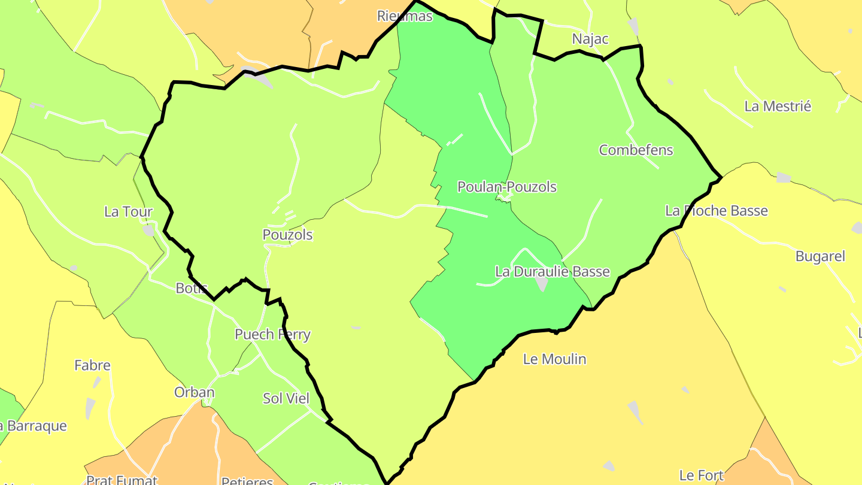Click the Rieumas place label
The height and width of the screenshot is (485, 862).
(x=405, y=16)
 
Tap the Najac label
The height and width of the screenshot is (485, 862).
(x=590, y=40)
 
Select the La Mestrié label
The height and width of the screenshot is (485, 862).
(x=778, y=107)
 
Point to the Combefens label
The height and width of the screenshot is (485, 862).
(x=636, y=150)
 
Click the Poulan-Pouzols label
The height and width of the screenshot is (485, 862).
(x=506, y=187)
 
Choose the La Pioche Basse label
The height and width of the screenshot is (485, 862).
(x=716, y=211)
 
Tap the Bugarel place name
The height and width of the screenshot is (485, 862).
(x=820, y=257)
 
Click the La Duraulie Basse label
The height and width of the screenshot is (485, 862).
(x=552, y=272)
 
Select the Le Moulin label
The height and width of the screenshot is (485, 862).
(x=554, y=359)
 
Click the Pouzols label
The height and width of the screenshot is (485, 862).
(x=287, y=235)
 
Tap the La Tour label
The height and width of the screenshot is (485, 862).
(x=128, y=212)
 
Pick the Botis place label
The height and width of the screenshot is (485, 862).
(x=192, y=289)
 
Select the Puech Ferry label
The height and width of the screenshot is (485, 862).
(x=272, y=335)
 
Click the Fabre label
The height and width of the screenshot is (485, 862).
(x=92, y=365)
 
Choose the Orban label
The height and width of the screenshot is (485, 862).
(x=194, y=393)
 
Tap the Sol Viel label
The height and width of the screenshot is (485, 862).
(x=286, y=399)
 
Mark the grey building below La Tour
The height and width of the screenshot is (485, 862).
(x=148, y=231)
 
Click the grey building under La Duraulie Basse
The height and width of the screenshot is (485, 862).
(x=542, y=284)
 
